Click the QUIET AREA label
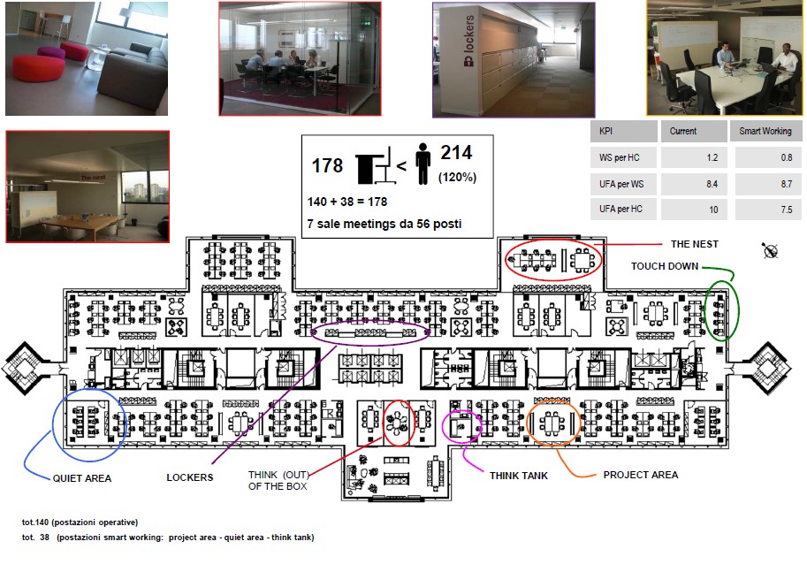click(x=82, y=478)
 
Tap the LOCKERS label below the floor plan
click(x=190, y=477)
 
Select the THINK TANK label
click(x=519, y=476)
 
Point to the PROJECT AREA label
click(x=641, y=475)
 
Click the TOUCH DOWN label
click(x=665, y=266)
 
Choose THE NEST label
click(x=694, y=244)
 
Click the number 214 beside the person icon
click(x=456, y=152)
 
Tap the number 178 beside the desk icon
click(x=327, y=166)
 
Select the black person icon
click(x=423, y=164)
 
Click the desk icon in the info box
click(x=376, y=165)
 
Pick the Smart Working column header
click(x=765, y=132)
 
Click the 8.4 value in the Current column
click(x=712, y=184)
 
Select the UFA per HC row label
click(x=620, y=209)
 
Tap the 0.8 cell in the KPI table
click(x=787, y=157)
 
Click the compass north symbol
click(x=770, y=251)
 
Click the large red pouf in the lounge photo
click(x=38, y=68)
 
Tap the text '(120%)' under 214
click(x=457, y=177)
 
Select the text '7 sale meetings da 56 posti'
click(x=384, y=224)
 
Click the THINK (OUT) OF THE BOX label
click(x=278, y=480)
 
